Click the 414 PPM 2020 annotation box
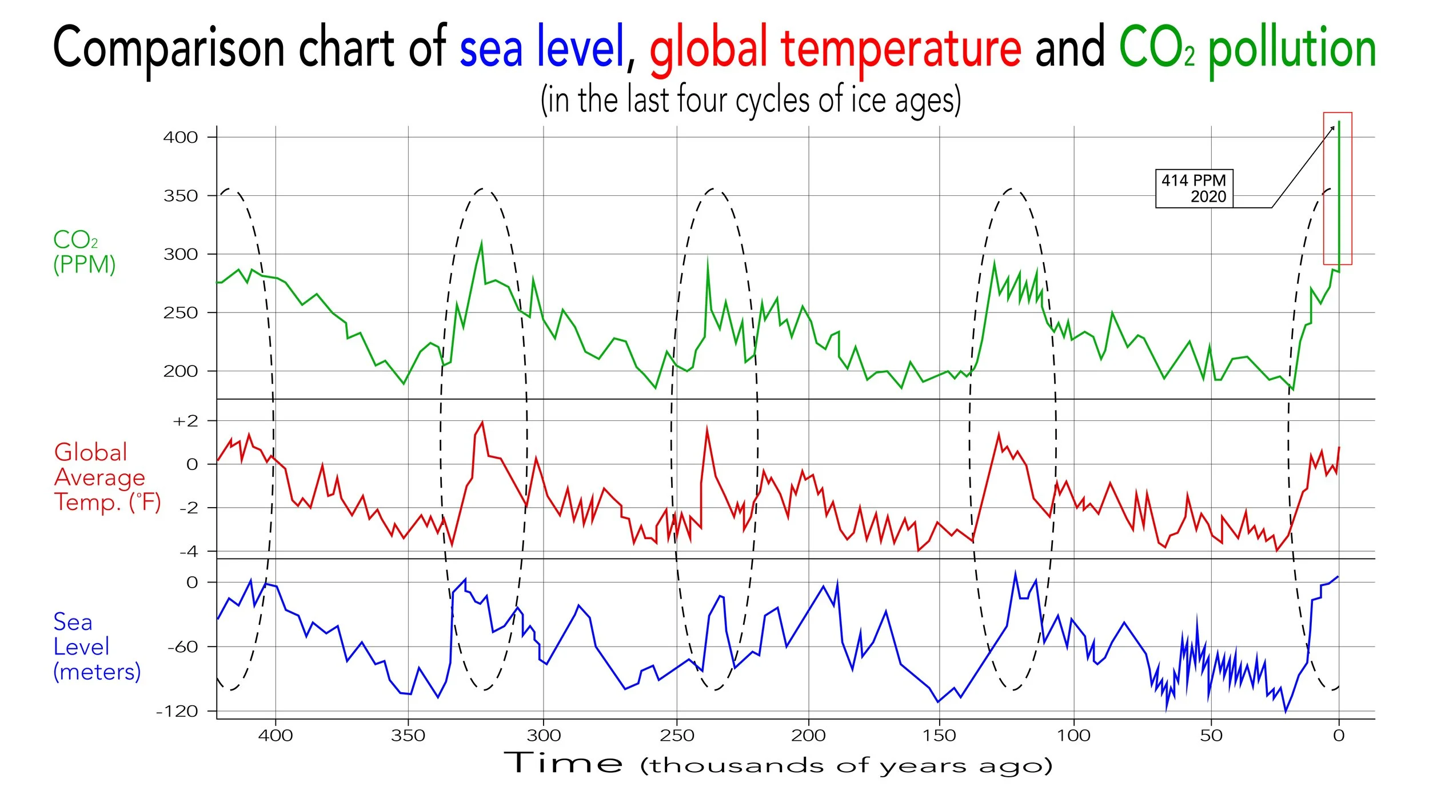click(x=1194, y=188)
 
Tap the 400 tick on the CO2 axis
click(x=181, y=137)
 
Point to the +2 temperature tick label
click(x=186, y=421)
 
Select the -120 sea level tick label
click(x=177, y=712)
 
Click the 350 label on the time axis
click(x=408, y=736)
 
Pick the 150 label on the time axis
click(x=939, y=736)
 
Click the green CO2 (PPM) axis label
click(x=84, y=252)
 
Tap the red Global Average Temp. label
click(x=107, y=477)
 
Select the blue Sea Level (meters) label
click(x=96, y=647)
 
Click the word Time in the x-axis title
click(x=563, y=764)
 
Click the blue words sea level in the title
click(x=542, y=48)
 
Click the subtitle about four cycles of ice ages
click(x=751, y=101)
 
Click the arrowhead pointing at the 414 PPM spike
click(x=1333, y=129)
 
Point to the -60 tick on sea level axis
click(x=183, y=647)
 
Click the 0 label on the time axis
click(x=1339, y=736)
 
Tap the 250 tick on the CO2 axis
click(x=181, y=313)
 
